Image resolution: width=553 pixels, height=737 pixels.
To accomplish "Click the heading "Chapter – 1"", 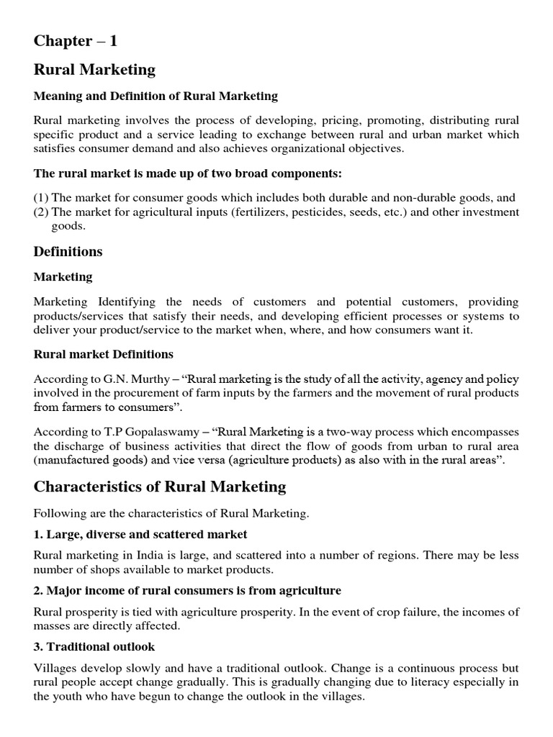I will (x=75, y=41).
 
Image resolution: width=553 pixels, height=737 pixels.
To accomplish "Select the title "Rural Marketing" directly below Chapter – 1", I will (x=94, y=70).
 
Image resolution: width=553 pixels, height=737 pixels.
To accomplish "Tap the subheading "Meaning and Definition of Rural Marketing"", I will (x=156, y=96).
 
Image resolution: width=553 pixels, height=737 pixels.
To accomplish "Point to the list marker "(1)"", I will (x=41, y=198).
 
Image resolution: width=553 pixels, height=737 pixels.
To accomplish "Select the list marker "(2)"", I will (x=41, y=212).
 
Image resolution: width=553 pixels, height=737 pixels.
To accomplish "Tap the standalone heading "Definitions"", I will (x=68, y=252).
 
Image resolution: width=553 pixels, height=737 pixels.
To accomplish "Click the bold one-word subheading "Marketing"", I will (x=63, y=277).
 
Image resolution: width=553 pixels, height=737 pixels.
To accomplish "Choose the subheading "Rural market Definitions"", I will (x=104, y=355).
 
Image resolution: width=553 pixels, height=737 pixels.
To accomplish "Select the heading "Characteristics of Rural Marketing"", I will (x=160, y=487).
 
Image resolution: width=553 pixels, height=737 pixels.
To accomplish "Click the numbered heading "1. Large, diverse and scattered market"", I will (x=140, y=534).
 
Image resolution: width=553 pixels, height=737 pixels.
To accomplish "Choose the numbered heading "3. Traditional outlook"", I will (x=94, y=646).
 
